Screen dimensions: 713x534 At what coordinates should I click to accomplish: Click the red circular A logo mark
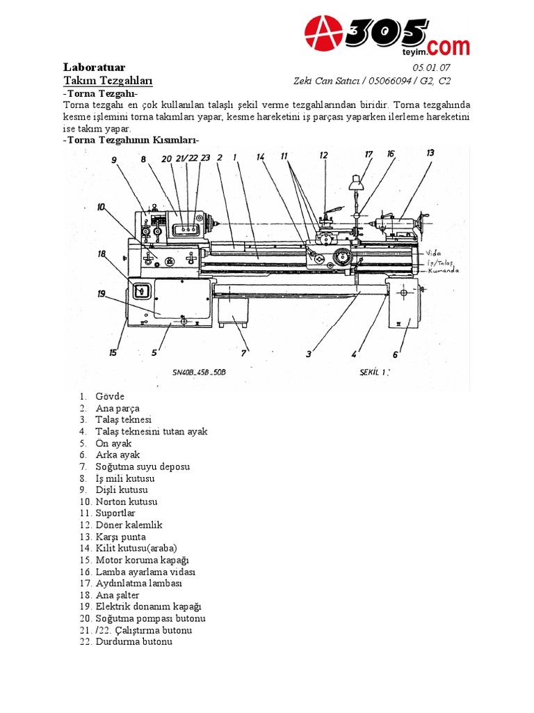tap(325, 34)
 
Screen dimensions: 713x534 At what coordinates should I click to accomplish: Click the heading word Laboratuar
tap(94, 68)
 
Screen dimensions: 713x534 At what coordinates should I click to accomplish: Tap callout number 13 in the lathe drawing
tap(430, 152)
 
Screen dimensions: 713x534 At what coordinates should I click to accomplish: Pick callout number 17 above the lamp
tap(369, 154)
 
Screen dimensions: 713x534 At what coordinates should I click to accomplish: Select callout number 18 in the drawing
tap(102, 254)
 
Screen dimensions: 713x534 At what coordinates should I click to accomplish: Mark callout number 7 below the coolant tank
tap(243, 353)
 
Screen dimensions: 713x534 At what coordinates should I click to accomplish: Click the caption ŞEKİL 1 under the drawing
tap(375, 372)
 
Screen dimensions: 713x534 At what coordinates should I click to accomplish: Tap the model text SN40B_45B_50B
tap(200, 373)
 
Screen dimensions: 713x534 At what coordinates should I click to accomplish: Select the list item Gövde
tap(110, 396)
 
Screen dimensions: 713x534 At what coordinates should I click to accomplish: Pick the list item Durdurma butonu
tap(133, 642)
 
